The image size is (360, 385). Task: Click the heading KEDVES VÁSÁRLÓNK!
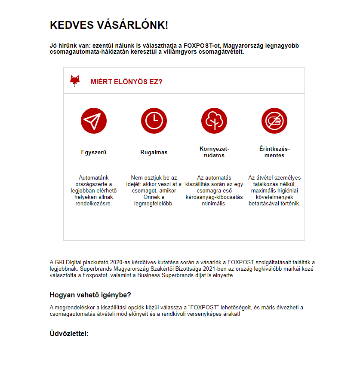(x=109, y=25)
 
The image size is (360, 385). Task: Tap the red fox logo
(x=75, y=81)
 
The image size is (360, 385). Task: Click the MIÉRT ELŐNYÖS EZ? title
(x=126, y=82)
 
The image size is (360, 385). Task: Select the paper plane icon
(x=94, y=120)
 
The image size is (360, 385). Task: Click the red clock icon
(x=154, y=120)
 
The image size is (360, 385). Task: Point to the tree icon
(x=214, y=120)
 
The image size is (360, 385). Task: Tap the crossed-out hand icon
(x=274, y=120)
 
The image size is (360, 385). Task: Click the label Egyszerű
(x=94, y=152)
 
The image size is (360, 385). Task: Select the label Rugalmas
(x=154, y=152)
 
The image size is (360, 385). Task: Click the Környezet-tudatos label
(x=214, y=152)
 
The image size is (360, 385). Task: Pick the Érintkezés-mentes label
(x=274, y=152)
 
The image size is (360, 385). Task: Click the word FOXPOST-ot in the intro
(x=202, y=46)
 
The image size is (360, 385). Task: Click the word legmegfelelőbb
(x=154, y=204)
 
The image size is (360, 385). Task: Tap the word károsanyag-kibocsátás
(x=214, y=197)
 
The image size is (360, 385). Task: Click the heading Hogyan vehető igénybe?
(x=90, y=295)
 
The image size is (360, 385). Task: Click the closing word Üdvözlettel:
(x=69, y=333)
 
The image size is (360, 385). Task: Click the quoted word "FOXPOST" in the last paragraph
(x=203, y=308)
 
